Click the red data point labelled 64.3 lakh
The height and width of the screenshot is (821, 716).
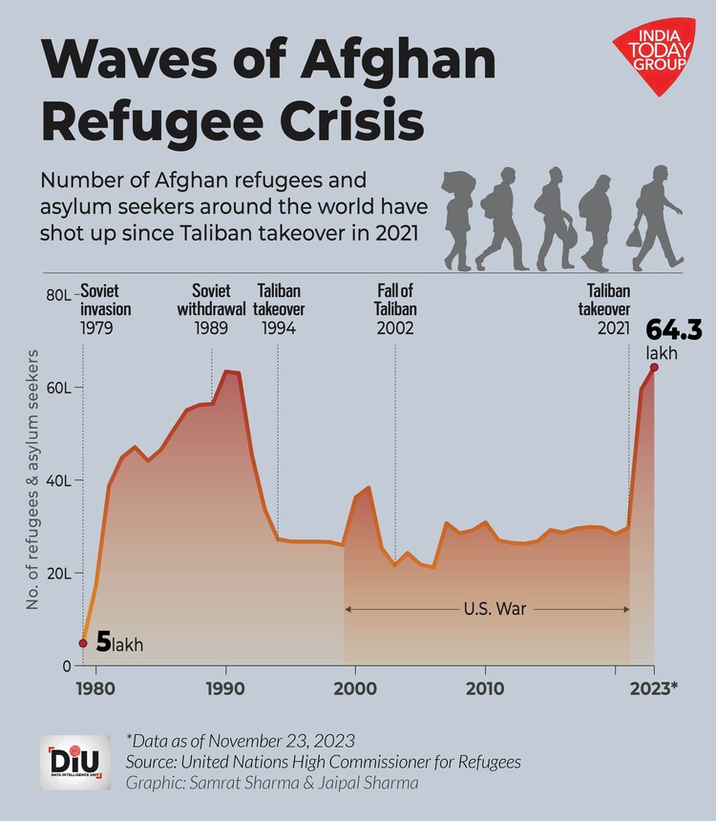654,368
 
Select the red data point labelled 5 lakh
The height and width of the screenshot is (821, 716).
83,643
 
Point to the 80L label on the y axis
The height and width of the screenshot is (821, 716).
58,296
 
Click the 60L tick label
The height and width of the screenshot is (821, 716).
59,389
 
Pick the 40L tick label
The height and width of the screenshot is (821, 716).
59,481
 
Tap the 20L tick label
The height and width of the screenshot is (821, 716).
59,574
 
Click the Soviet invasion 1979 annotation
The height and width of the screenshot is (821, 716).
105,309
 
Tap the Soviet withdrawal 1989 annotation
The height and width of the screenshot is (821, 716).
211,309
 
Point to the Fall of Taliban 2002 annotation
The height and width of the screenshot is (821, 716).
395,309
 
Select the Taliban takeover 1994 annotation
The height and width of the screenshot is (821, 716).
280,309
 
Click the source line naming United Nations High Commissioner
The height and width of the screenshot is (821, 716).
323,761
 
